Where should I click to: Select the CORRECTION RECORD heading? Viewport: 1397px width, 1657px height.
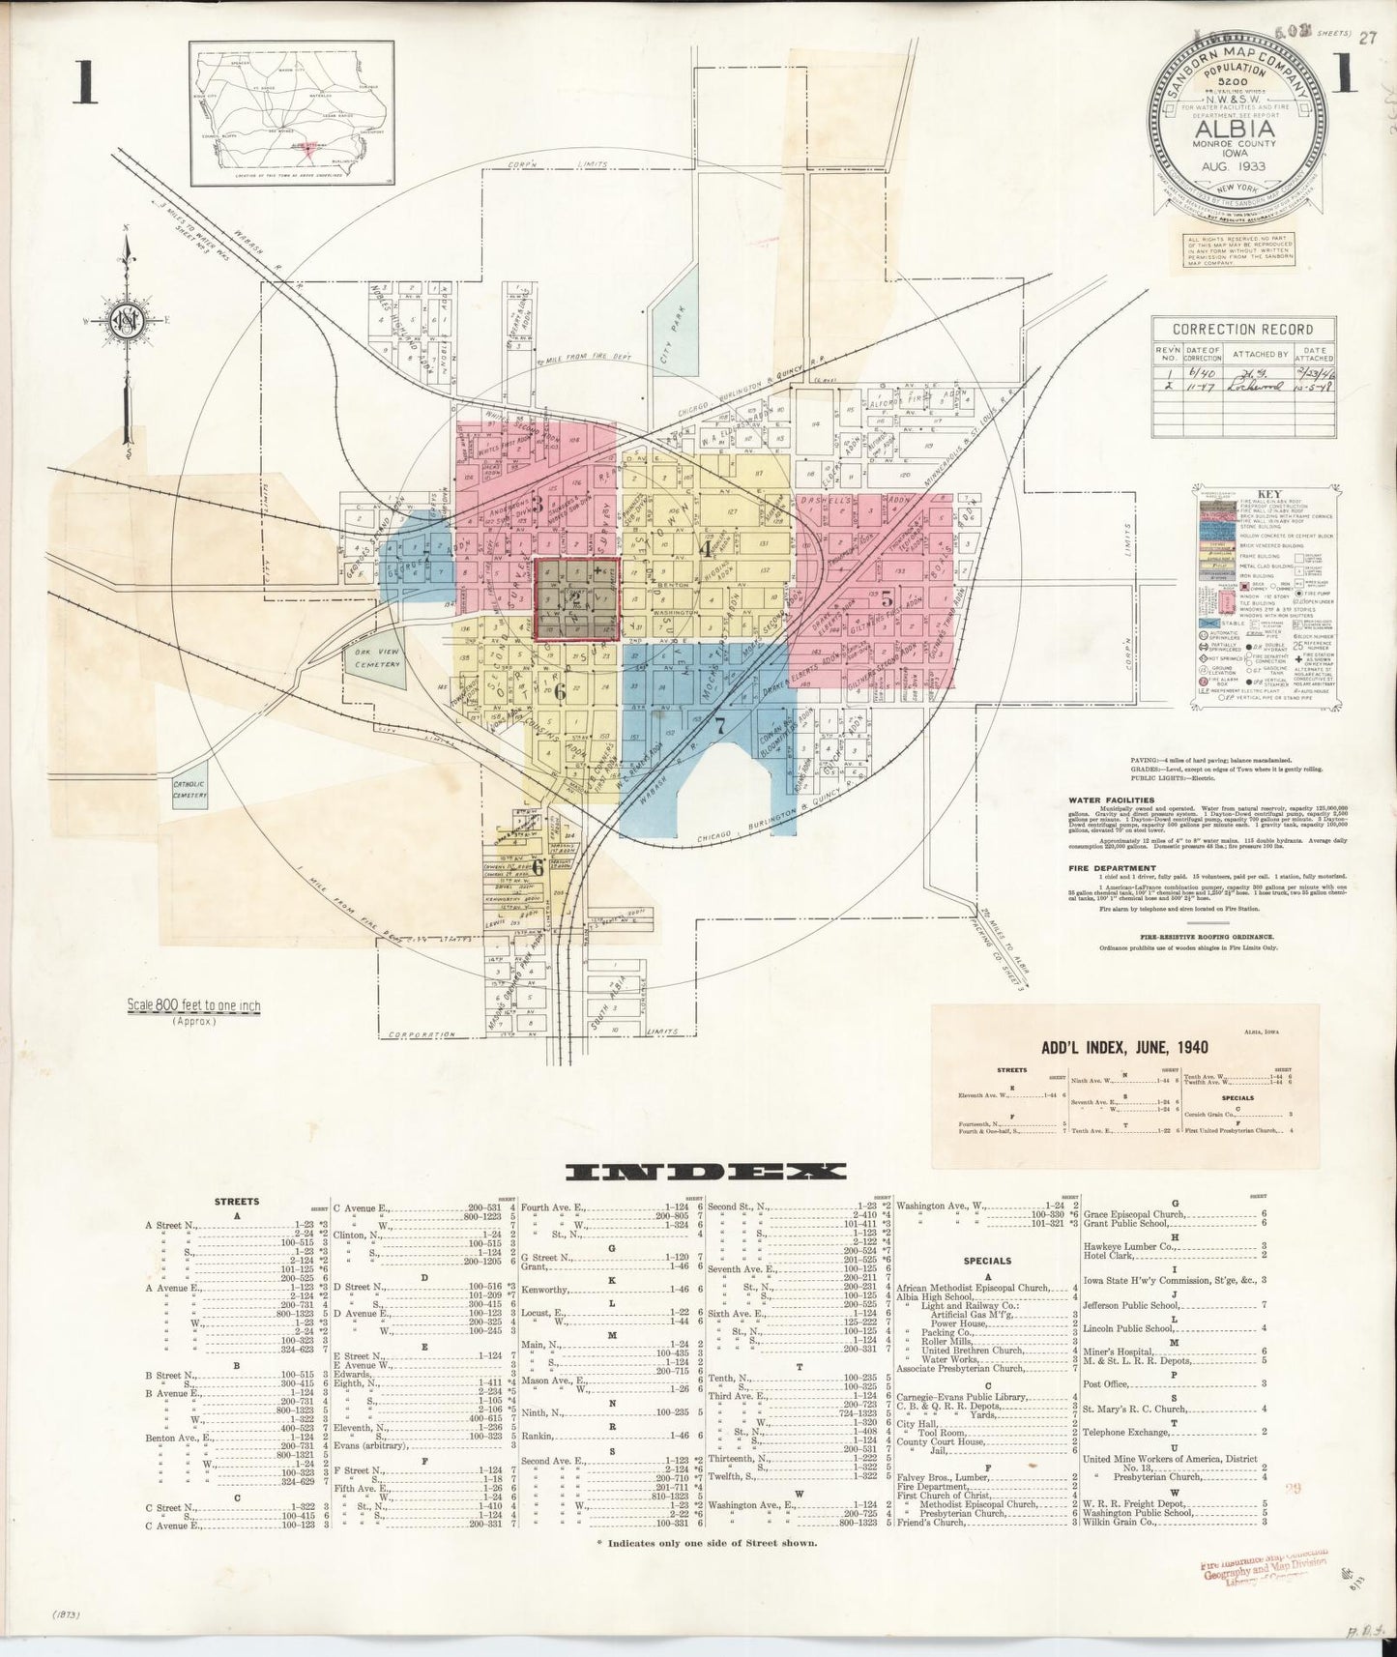(x=1241, y=329)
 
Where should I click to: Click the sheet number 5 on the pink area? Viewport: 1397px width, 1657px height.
(x=887, y=596)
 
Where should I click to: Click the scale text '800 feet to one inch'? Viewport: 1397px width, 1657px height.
(x=193, y=1006)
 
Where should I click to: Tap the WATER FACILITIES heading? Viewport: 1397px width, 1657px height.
(x=1111, y=800)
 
